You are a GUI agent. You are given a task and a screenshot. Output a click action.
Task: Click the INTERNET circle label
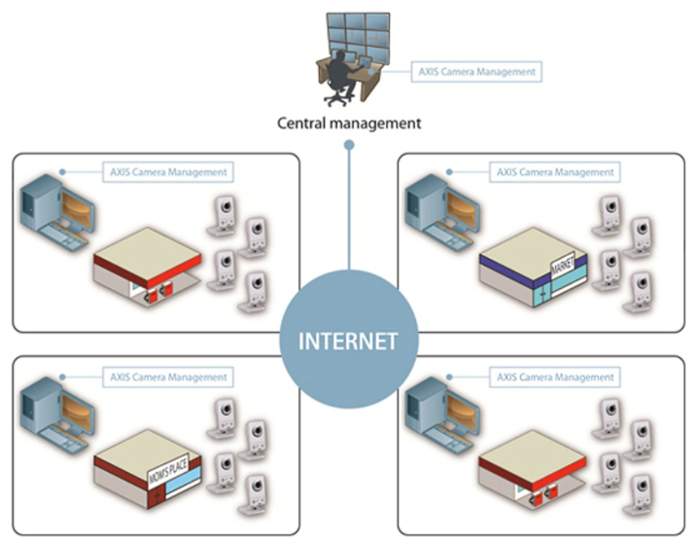(x=348, y=342)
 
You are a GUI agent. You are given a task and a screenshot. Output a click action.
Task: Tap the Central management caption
(x=348, y=124)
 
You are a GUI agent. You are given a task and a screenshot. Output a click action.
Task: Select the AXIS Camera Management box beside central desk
(x=476, y=71)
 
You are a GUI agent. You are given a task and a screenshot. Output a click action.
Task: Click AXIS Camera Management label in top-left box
(x=167, y=172)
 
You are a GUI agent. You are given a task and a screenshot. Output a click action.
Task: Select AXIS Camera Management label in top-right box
(x=555, y=172)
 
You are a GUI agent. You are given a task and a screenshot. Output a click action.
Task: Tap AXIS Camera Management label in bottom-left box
(x=167, y=377)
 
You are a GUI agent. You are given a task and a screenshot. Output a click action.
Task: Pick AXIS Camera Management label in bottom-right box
(x=555, y=377)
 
